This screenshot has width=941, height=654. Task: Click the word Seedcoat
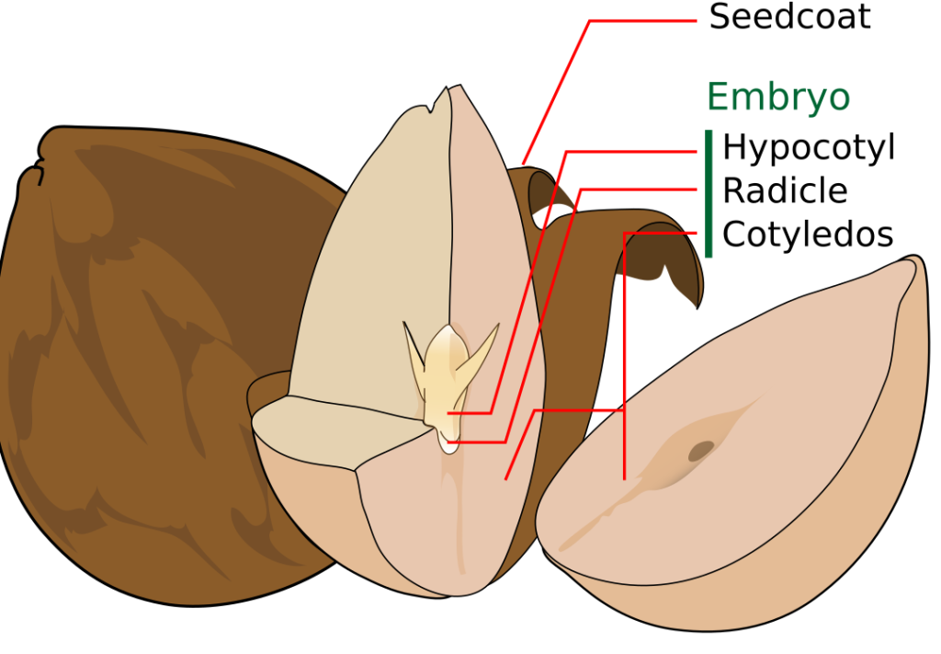(788, 17)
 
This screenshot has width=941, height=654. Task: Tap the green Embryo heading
(777, 97)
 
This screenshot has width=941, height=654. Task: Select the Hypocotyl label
(808, 147)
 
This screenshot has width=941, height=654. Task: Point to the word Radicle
(784, 190)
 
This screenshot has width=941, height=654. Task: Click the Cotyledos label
(807, 235)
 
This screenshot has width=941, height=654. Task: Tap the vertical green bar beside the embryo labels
(709, 193)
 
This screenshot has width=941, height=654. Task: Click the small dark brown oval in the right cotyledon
(701, 450)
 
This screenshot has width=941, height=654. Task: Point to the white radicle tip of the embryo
(448, 445)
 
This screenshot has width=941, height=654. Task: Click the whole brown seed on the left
(138, 368)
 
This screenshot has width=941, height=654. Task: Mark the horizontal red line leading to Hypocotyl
(634, 151)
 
